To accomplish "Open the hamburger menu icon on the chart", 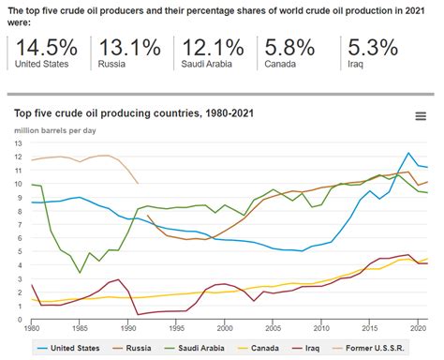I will click(422, 116).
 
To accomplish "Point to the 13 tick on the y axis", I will click(19, 143).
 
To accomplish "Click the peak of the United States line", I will click(408, 153).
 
